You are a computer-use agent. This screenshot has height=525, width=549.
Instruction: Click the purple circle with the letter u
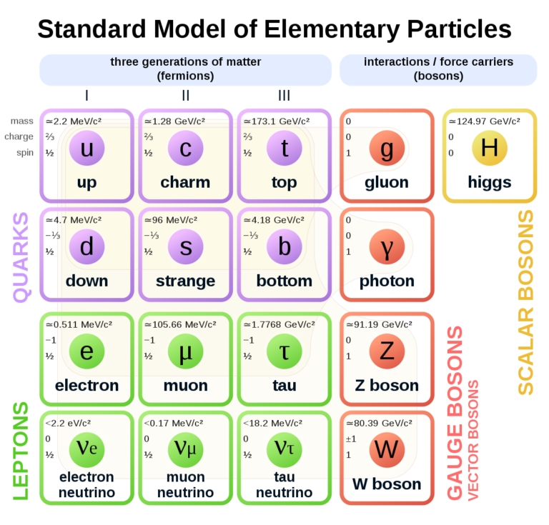[86, 148]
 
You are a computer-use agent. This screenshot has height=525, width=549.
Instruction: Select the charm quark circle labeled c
[185, 148]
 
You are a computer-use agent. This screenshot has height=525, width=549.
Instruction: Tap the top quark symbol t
[284, 148]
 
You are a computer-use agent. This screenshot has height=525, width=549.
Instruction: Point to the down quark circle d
[86, 246]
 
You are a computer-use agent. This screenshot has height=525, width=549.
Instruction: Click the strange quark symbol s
[185, 246]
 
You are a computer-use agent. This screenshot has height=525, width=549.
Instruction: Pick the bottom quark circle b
[284, 246]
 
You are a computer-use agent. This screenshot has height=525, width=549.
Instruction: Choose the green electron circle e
[86, 351]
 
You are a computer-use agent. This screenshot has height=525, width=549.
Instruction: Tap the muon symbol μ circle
[185, 351]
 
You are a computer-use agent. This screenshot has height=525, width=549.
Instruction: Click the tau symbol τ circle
[284, 351]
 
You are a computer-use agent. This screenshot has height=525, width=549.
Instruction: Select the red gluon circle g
[387, 148]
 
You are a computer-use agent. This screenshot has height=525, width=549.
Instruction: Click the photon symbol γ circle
[387, 246]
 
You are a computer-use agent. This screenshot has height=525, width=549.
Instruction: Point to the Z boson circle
[387, 351]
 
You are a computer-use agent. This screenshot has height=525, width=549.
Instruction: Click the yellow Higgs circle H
[489, 148]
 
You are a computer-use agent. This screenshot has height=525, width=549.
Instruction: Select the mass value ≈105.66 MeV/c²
[180, 324]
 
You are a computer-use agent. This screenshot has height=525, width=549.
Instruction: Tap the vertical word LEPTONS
[21, 450]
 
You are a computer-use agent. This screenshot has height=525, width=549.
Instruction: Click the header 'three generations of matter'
[185, 62]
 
